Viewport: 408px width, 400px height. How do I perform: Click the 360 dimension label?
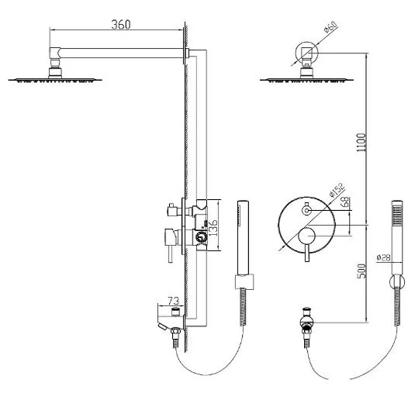[x=121, y=25]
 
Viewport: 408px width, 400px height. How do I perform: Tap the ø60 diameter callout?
[x=330, y=27]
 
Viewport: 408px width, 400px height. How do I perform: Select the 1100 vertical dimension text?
[x=361, y=143]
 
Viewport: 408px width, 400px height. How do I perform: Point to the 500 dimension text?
[x=361, y=271]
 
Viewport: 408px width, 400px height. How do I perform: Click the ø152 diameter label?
[x=337, y=190]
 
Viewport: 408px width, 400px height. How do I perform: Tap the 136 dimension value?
[x=213, y=228]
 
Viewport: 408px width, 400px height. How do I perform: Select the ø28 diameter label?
[x=383, y=257]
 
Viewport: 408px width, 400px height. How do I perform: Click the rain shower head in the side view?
[x=55, y=80]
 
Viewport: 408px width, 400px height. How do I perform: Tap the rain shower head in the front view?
[x=307, y=80]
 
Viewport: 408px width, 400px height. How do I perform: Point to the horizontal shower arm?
[x=119, y=53]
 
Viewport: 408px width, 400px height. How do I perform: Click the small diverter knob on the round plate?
[x=306, y=210]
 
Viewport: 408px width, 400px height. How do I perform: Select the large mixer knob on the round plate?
[x=307, y=236]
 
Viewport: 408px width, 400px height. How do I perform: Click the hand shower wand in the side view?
[x=243, y=237]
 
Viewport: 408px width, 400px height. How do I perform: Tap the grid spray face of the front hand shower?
[x=397, y=216]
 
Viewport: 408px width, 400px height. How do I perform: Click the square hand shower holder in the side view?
[x=244, y=281]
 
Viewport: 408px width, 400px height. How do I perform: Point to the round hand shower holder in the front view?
[x=397, y=281]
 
